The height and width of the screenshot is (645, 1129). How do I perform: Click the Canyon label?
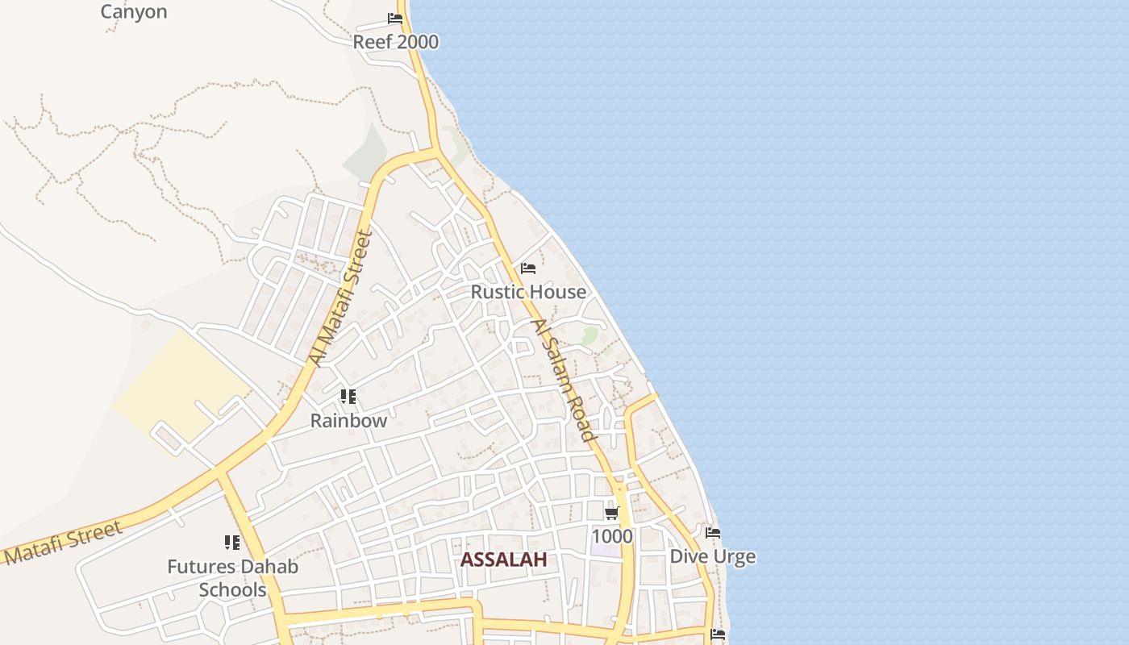134,11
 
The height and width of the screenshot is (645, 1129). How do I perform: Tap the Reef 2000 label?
396,42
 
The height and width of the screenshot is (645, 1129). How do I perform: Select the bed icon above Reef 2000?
395,18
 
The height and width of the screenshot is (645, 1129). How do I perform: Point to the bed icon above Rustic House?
528,268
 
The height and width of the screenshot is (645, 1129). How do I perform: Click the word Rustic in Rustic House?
498,292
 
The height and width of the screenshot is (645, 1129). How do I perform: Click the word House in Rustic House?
558,292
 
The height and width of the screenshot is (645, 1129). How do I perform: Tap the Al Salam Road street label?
562,380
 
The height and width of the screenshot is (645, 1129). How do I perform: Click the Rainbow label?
348,421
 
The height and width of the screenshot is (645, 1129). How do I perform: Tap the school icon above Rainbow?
348,396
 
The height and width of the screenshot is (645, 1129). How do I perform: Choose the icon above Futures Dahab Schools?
232,543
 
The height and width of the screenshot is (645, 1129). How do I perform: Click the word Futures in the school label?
198,567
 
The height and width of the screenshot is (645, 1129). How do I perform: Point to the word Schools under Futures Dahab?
232,590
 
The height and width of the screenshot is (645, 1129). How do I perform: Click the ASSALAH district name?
503,560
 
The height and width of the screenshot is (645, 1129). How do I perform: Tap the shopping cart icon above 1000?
612,513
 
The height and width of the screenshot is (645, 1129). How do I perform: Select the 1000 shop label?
612,537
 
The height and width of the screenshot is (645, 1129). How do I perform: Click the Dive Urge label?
713,557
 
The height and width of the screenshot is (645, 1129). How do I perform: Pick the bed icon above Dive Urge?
713,533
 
